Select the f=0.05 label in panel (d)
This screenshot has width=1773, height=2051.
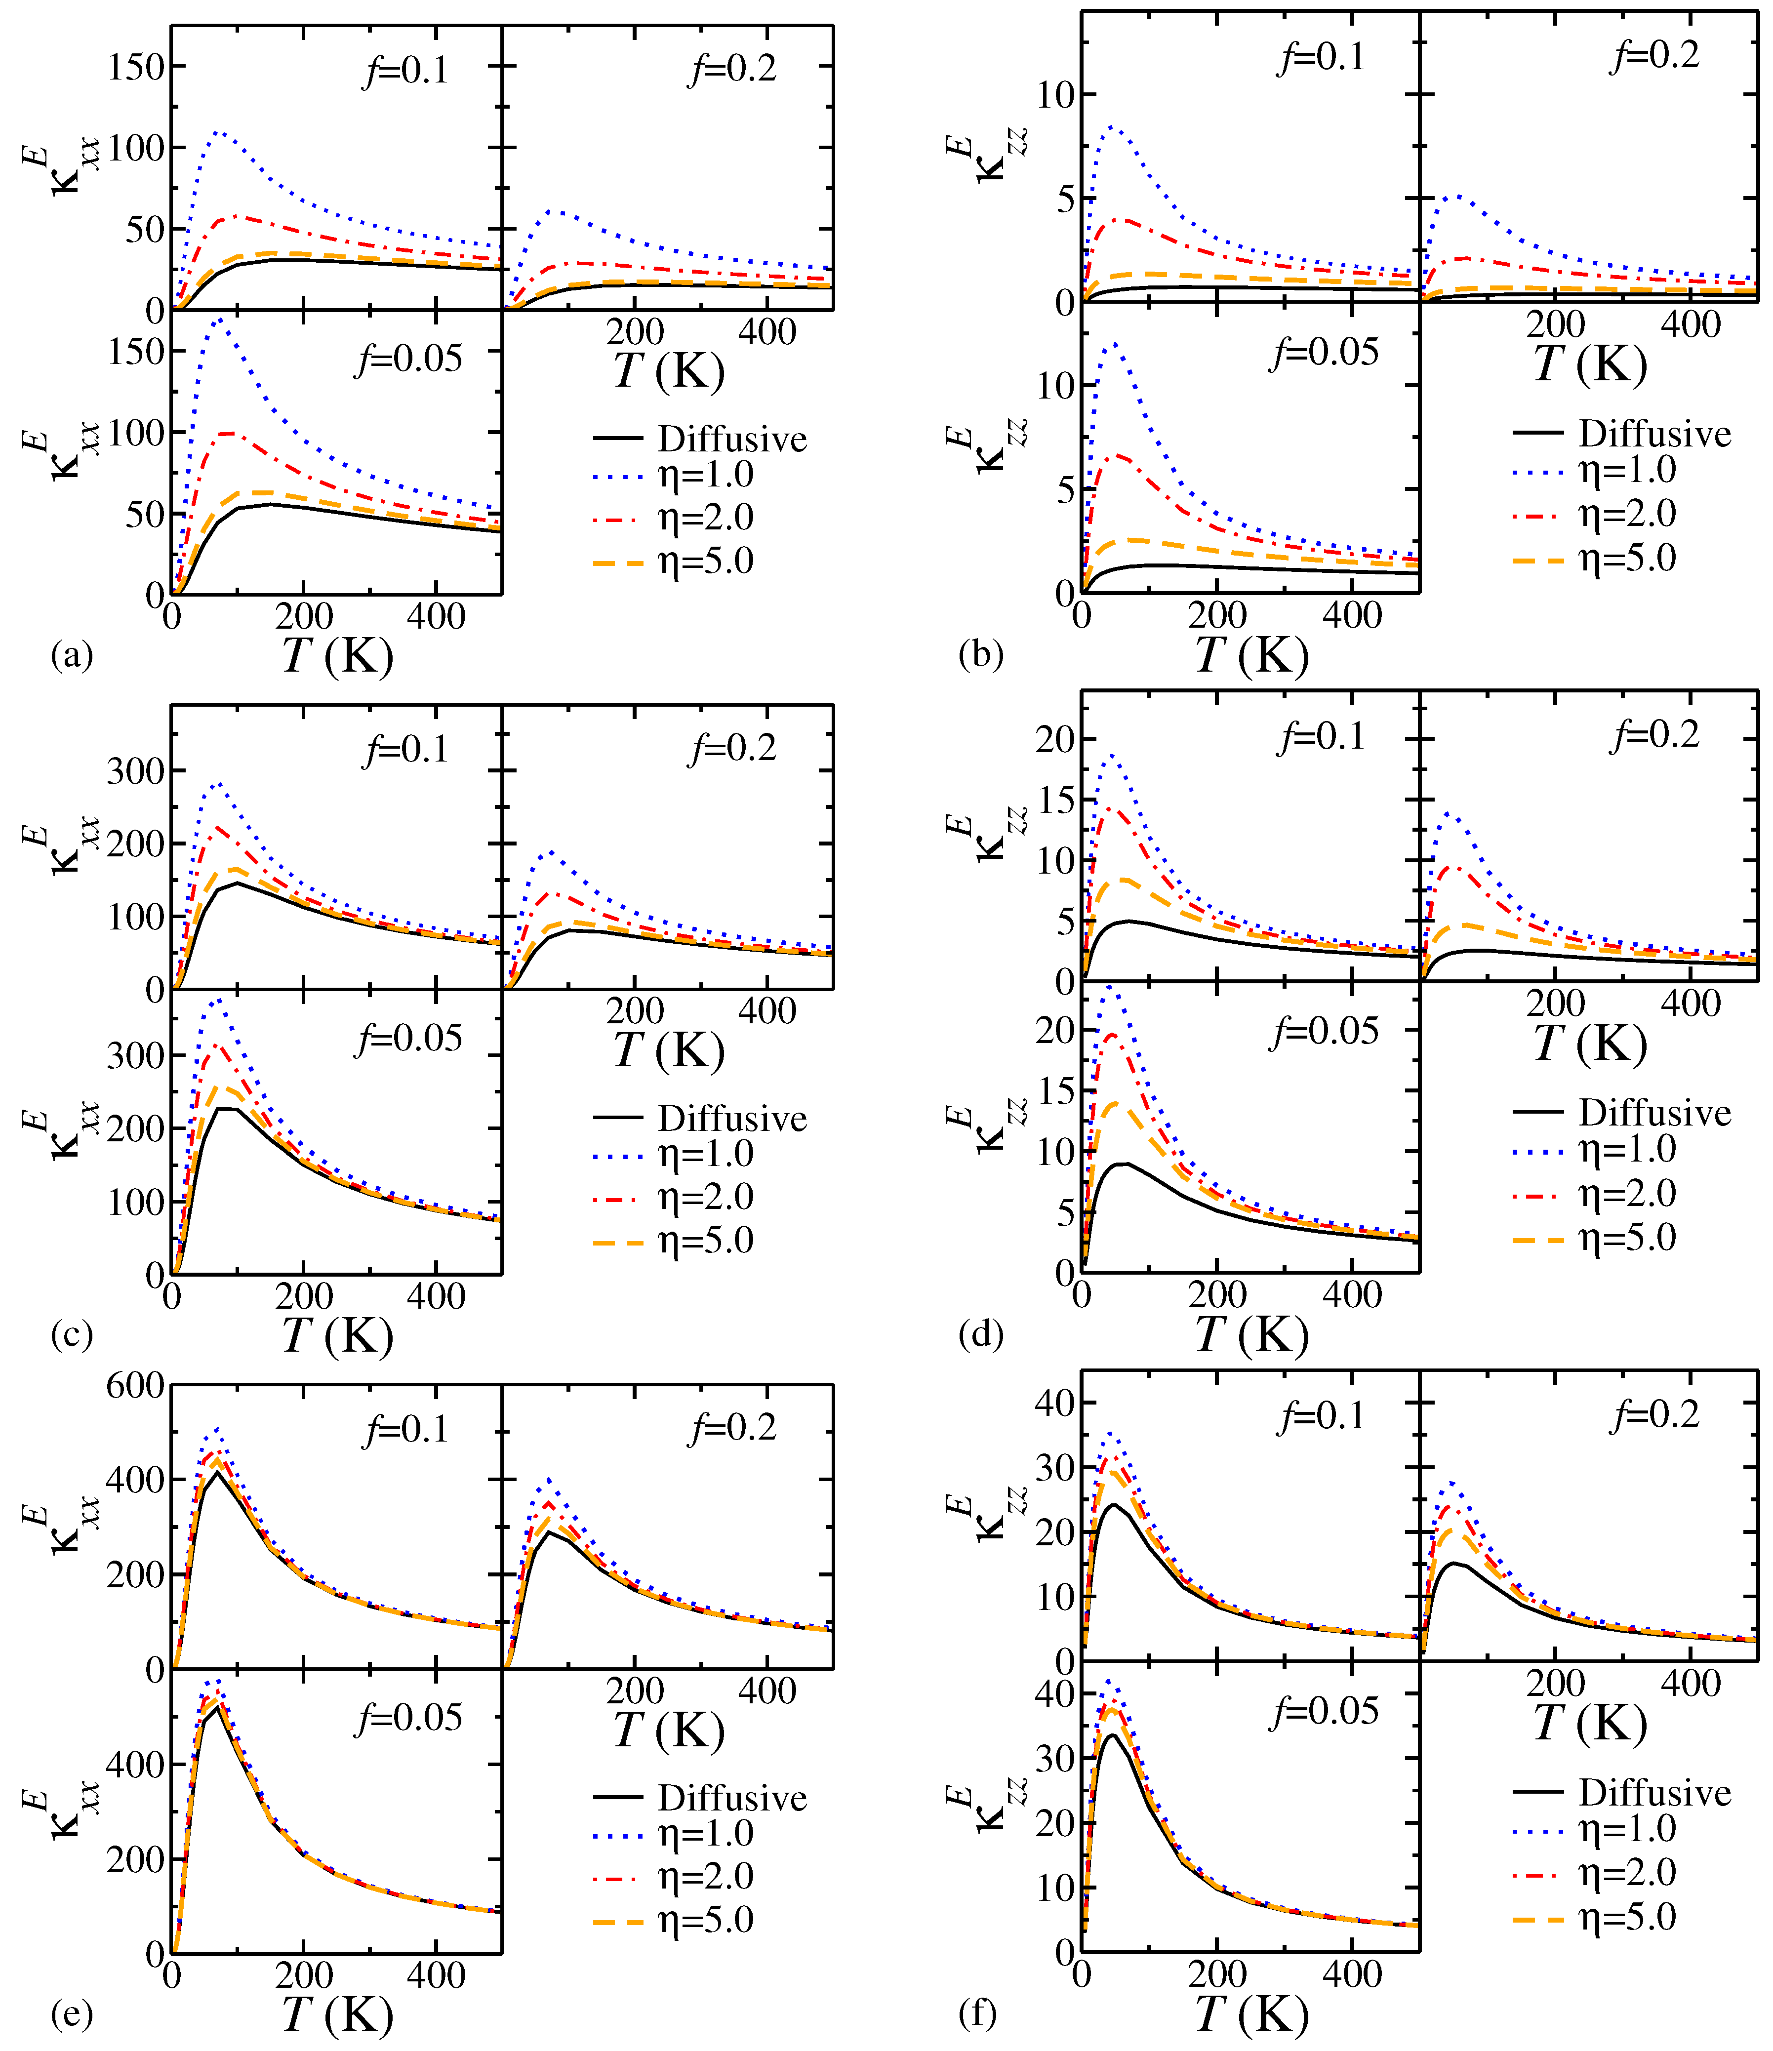pyautogui.click(x=1324, y=1031)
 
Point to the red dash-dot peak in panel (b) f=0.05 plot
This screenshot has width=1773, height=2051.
pyautogui.click(x=1119, y=455)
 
